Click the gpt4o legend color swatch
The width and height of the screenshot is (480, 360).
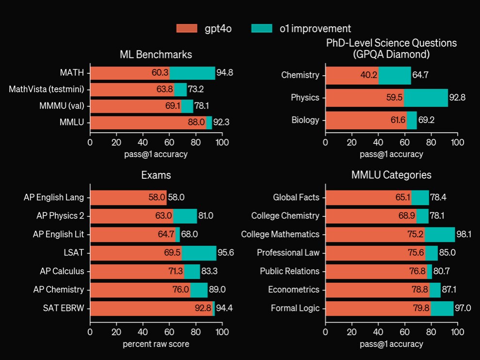[x=187, y=29]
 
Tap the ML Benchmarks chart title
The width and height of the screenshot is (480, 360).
[x=156, y=54]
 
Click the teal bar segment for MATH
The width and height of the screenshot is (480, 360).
[x=192, y=73]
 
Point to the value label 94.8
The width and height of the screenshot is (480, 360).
[x=225, y=73]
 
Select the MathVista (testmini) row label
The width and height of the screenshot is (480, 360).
[x=46, y=89]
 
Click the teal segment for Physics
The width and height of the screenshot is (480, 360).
[x=426, y=98]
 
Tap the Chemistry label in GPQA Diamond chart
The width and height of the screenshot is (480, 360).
[x=300, y=75]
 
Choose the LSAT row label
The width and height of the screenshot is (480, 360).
[x=74, y=253]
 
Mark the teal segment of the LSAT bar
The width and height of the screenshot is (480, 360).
[x=199, y=253]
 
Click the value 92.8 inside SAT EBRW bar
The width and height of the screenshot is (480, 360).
[x=203, y=308]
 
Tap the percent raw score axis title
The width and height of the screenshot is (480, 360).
[x=156, y=344]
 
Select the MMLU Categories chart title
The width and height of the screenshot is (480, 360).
[x=391, y=175]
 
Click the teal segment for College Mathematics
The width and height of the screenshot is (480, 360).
[x=440, y=234]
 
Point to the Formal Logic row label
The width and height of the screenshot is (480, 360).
[x=295, y=308]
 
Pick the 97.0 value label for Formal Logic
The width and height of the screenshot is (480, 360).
[x=463, y=308]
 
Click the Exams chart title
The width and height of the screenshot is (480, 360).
[x=156, y=175]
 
